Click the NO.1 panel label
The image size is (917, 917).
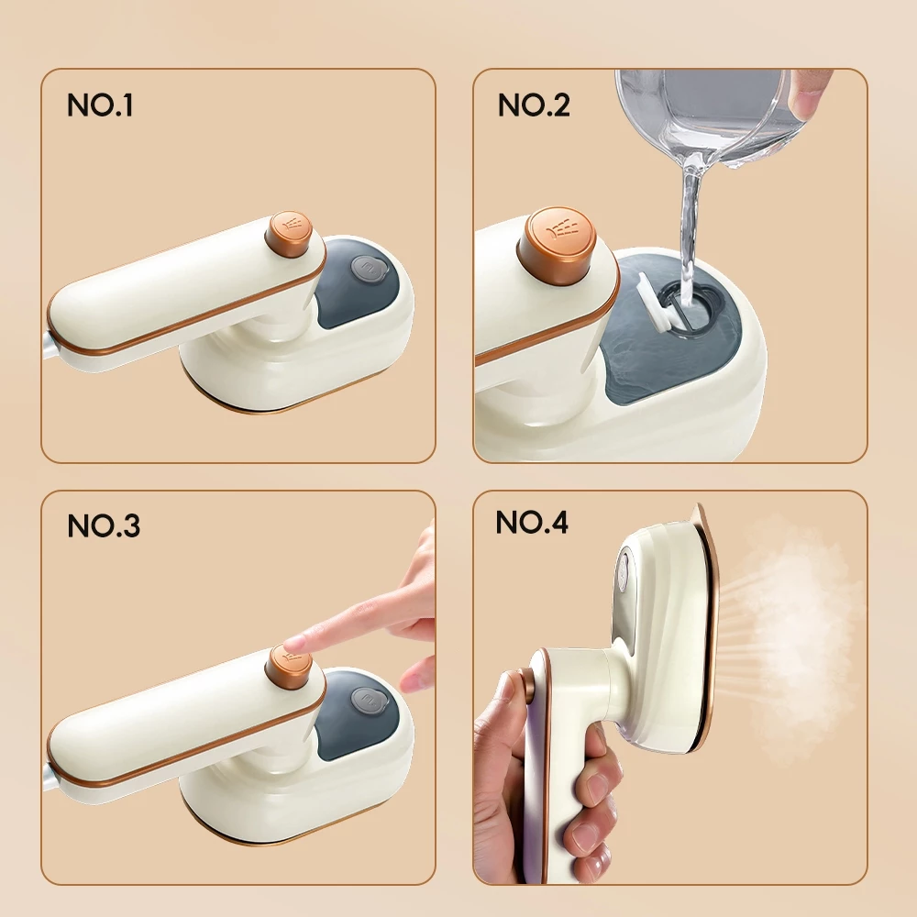100,105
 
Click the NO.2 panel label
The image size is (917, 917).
534,105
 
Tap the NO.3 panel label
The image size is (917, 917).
104,525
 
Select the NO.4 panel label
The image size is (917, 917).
532,522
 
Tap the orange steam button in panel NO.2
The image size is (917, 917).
558,245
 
